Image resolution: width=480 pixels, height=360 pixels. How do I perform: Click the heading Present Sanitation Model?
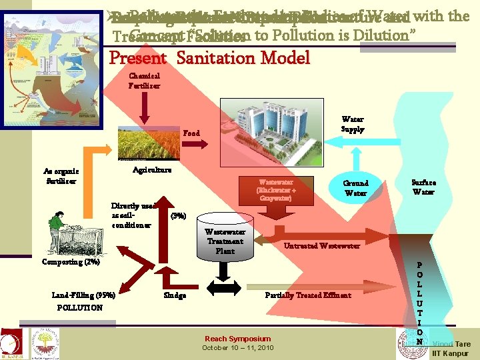point(209,58)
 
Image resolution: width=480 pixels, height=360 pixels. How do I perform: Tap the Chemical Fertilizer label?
point(144,81)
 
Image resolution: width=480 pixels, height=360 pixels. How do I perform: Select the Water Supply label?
point(353,125)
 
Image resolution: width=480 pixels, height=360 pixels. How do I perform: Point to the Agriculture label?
point(151,170)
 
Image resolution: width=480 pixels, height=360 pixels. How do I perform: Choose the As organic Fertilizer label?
point(61,175)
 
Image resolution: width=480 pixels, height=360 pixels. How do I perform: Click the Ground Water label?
point(355,188)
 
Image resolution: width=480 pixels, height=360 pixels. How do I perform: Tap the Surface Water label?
point(423,187)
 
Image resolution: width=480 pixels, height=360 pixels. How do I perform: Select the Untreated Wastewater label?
point(321,246)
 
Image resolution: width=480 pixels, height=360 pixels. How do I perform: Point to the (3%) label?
point(179,216)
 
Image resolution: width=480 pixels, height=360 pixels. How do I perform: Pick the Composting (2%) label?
point(71,262)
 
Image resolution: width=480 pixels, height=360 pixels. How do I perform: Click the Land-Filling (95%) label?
point(83,295)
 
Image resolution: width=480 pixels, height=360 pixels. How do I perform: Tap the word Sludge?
point(175,295)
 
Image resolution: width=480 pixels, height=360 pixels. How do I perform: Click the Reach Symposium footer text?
point(237,339)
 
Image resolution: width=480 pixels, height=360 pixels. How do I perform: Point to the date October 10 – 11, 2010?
point(237,348)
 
